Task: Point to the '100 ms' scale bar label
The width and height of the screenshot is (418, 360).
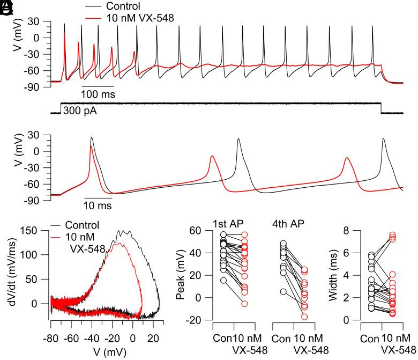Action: (97, 94)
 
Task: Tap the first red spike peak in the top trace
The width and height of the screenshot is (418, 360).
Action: (64, 34)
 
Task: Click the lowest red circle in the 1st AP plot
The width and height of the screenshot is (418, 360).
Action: (244, 304)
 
